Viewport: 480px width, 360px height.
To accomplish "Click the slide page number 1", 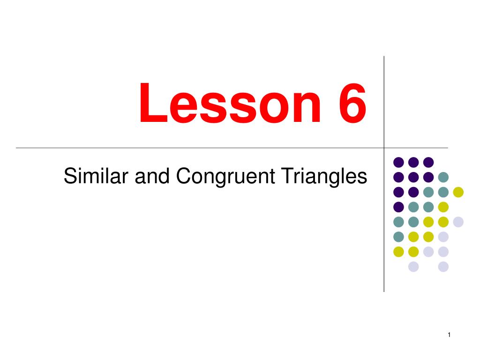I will point(449,334).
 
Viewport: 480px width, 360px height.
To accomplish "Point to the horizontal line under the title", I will point(187,148).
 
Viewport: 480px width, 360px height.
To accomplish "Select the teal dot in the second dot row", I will point(443,177).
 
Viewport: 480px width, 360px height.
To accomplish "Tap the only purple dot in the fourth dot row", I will point(398,207).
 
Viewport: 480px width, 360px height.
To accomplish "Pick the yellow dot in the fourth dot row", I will point(443,207).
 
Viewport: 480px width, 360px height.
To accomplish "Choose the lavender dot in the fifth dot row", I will point(458,222).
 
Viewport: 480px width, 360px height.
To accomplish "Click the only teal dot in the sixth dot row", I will point(398,237).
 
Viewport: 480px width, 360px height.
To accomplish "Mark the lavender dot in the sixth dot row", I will point(443,237).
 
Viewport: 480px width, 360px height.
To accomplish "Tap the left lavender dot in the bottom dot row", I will point(413,267).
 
